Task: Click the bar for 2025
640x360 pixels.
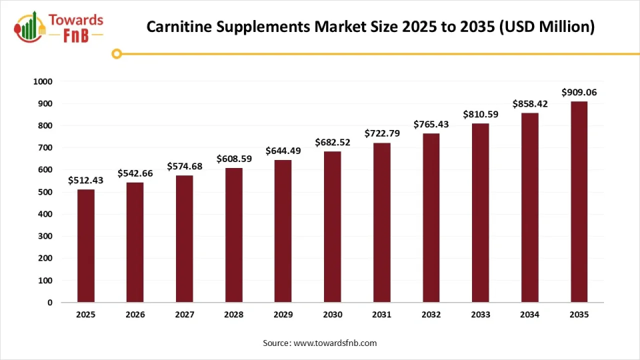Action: point(86,246)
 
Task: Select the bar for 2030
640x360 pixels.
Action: point(332,227)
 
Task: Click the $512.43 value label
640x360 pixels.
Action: point(86,181)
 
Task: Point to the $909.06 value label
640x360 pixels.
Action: point(579,93)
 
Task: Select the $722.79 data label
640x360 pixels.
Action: point(381,134)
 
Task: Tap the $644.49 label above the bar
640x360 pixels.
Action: point(283,151)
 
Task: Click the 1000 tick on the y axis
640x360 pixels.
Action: point(42,82)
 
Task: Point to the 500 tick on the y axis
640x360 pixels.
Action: point(44,192)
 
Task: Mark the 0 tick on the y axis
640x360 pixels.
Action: point(49,303)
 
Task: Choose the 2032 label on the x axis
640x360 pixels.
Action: point(431,315)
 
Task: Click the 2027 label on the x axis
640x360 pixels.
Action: point(185,315)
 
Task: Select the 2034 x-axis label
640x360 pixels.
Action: point(529,315)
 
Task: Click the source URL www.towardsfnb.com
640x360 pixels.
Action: point(335,343)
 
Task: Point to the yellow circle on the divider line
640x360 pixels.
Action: point(117,53)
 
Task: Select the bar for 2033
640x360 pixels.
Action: point(480,213)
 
